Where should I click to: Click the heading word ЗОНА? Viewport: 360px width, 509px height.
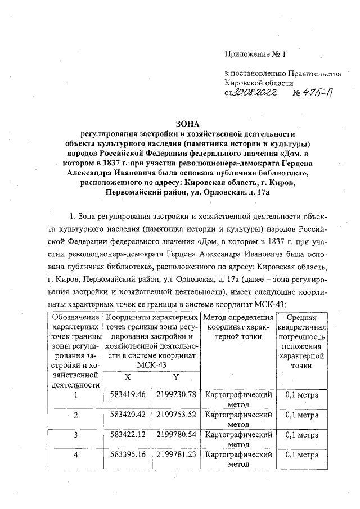click(188, 124)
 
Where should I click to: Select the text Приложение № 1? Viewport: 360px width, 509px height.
click(255, 55)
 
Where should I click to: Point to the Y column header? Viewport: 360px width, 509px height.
click(175, 377)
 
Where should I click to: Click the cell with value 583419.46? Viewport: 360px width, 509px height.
click(127, 394)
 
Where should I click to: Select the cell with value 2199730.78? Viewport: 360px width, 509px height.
click(176, 394)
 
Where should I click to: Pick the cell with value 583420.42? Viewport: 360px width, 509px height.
click(127, 415)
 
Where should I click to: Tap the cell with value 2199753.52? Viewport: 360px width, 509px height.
click(176, 415)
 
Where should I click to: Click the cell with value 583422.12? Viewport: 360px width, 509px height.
click(127, 435)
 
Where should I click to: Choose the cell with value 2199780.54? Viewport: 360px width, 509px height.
click(176, 435)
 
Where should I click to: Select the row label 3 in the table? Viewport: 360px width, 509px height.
click(75, 435)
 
